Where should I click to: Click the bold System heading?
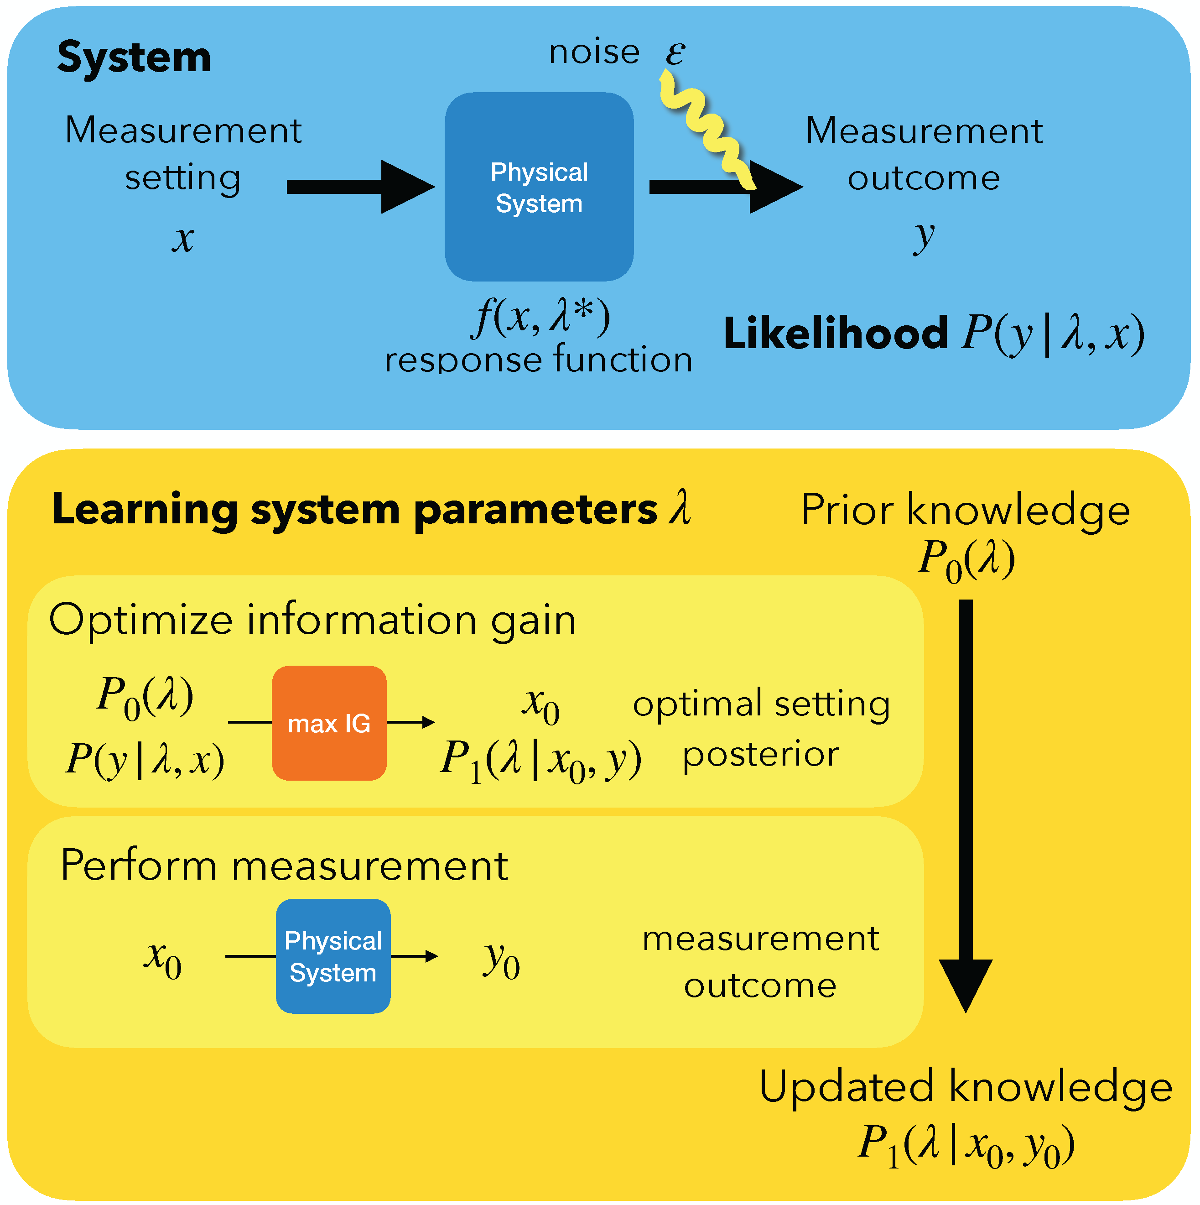click(x=134, y=57)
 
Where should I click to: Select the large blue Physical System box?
click(x=539, y=187)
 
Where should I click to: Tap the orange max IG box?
click(x=329, y=724)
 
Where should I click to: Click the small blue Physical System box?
click(x=333, y=957)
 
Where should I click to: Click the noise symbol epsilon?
click(x=675, y=52)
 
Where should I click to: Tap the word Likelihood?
click(x=835, y=334)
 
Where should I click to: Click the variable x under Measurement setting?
click(x=182, y=240)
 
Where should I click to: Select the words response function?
click(x=539, y=360)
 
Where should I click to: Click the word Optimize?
click(x=141, y=621)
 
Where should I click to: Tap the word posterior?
click(x=760, y=755)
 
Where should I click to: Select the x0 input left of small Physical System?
click(x=163, y=959)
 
